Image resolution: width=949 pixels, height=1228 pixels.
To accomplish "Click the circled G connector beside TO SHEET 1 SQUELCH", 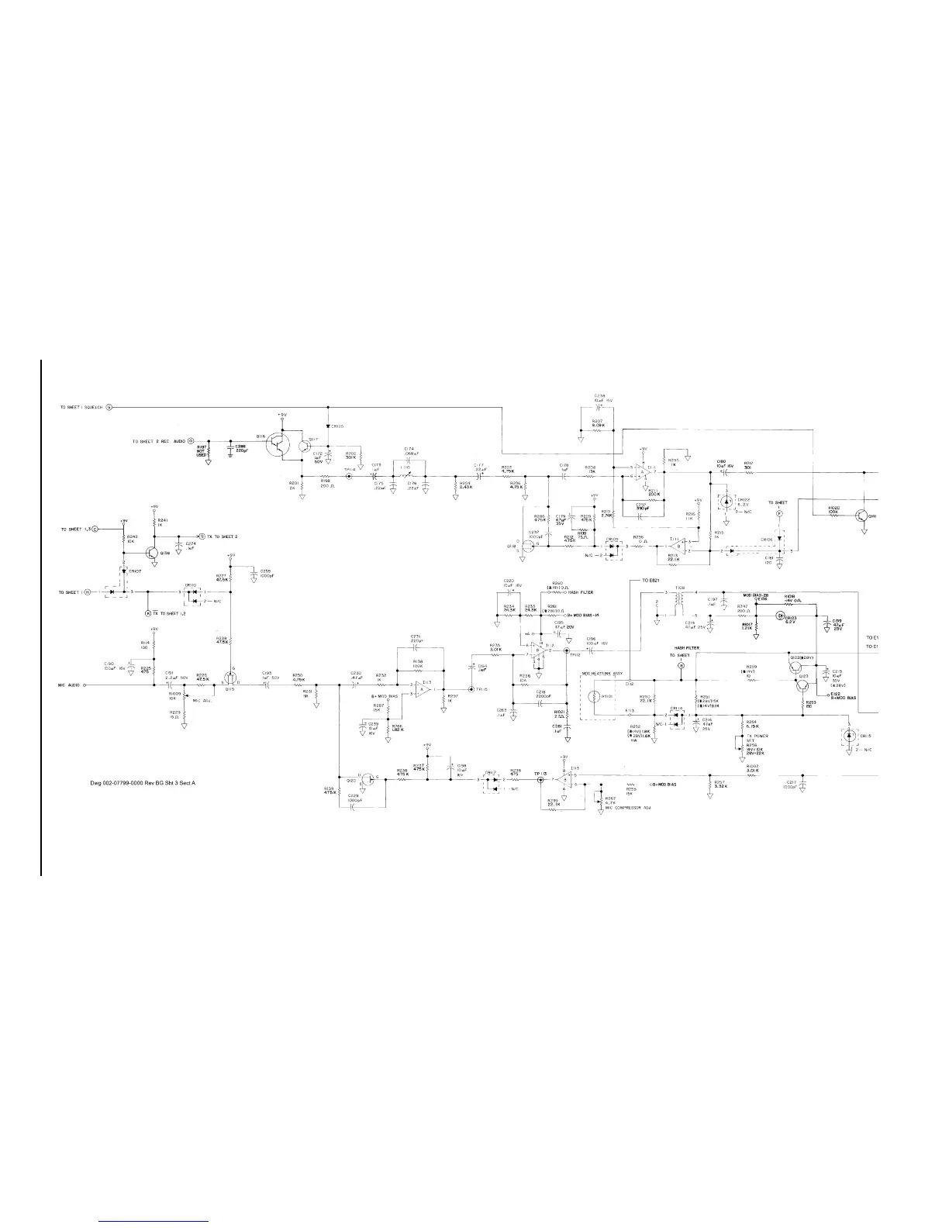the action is tap(109, 407).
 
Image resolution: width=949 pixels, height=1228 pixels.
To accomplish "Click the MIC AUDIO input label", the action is tap(69, 685).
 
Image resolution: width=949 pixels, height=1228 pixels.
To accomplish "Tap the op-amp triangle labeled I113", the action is tap(423, 688).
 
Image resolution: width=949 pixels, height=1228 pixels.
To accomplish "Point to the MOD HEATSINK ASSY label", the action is tap(602, 674).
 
